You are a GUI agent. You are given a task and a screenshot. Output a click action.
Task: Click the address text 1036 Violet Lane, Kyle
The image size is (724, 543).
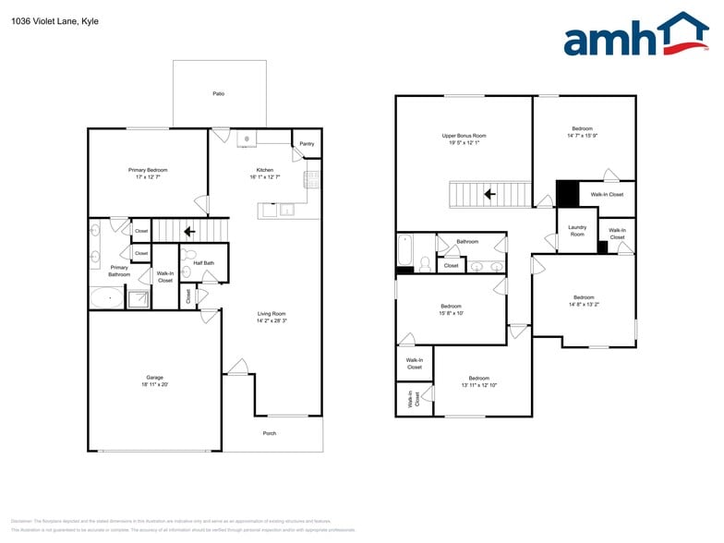click(x=54, y=21)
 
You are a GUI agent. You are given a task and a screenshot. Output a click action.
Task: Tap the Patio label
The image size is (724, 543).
click(x=219, y=94)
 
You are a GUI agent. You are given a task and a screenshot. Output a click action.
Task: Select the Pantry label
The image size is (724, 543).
click(x=307, y=144)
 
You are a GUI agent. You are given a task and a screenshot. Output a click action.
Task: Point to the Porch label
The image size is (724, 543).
click(x=270, y=433)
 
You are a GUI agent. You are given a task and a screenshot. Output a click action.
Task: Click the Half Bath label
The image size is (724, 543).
click(x=204, y=263)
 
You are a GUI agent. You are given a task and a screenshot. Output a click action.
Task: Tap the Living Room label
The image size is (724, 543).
click(x=271, y=314)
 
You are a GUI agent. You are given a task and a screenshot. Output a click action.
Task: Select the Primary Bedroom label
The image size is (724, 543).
click(x=148, y=170)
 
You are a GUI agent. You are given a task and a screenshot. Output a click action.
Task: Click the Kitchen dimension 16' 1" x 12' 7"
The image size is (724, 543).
click(x=265, y=177)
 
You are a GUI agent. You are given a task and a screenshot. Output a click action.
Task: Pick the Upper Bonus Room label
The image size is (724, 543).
click(x=465, y=136)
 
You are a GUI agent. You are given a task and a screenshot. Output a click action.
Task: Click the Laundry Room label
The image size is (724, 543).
click(x=577, y=231)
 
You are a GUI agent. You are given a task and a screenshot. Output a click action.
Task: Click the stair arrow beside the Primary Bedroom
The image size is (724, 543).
click(x=188, y=232)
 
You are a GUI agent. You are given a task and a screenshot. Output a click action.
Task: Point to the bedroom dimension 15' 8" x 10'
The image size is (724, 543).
click(x=452, y=313)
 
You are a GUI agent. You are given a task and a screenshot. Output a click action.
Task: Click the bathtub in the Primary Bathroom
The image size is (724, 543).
click(x=107, y=298)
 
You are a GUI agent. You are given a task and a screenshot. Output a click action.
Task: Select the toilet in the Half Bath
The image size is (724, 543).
click(x=187, y=253)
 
